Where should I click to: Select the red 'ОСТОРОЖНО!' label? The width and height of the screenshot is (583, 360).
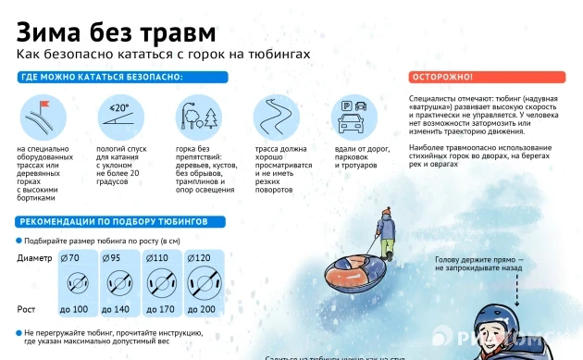442,77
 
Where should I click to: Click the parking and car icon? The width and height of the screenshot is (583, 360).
355,117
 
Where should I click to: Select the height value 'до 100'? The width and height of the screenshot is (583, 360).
73,308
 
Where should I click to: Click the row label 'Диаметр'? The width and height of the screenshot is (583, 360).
34,257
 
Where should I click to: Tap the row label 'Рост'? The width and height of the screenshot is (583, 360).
27,308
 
